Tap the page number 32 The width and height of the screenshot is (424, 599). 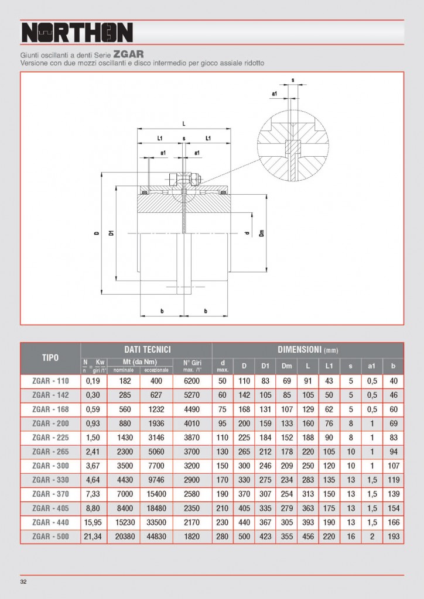[23, 581]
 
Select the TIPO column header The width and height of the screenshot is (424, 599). [50, 357]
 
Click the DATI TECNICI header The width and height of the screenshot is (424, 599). [146, 348]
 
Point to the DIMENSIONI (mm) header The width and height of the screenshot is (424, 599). [307, 349]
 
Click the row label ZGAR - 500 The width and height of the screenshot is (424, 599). [50, 536]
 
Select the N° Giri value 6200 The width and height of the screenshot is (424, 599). [192, 381]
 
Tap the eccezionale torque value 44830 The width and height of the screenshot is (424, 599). [156, 536]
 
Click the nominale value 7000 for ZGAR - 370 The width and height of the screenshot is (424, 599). [123, 494]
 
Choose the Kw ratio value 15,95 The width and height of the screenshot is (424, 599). [94, 522]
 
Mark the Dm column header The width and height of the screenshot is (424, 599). [287, 366]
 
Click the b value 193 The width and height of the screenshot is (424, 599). [393, 536]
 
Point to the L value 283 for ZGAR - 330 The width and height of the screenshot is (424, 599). [308, 480]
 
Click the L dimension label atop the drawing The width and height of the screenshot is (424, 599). [184, 123]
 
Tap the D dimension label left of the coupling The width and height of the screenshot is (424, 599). [95, 233]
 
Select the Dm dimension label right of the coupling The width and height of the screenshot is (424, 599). [261, 233]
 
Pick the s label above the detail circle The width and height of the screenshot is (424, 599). [292, 80]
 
